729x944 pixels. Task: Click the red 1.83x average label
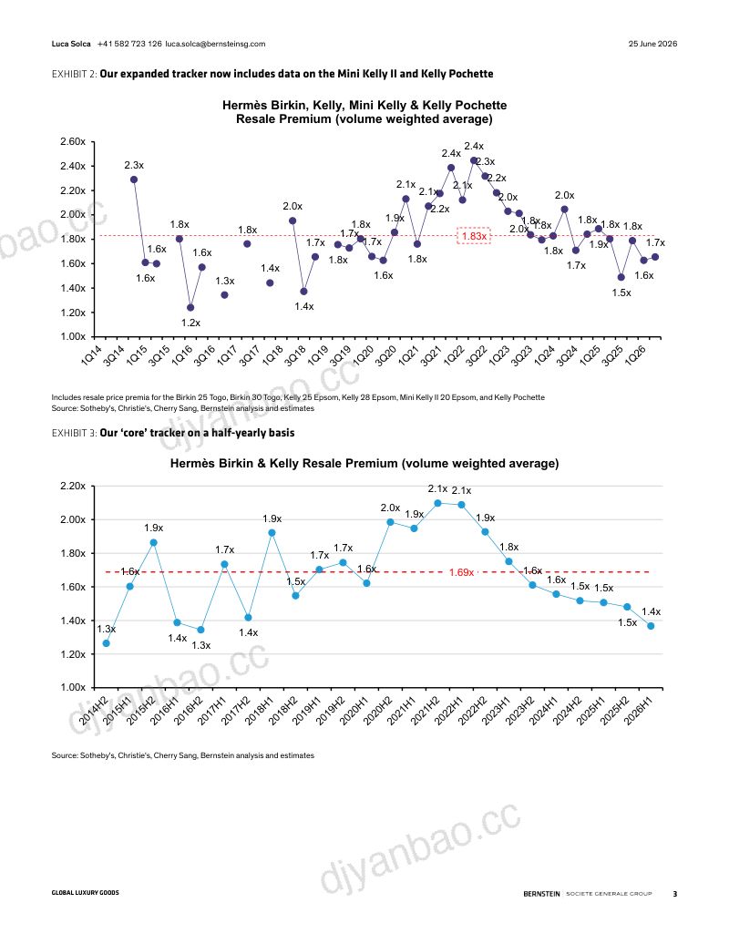tap(475, 236)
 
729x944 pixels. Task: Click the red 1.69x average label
tap(462, 572)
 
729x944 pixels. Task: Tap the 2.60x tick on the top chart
tap(73, 141)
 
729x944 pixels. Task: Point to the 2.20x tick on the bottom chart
tap(73, 486)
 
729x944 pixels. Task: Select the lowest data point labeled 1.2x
tap(190, 308)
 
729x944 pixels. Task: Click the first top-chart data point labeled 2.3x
tap(134, 180)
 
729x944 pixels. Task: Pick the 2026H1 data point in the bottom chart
tap(651, 626)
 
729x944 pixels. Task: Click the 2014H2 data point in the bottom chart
tap(107, 643)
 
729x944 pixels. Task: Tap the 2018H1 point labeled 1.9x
tap(272, 533)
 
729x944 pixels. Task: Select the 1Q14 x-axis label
tap(91, 355)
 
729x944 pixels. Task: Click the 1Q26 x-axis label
tap(636, 355)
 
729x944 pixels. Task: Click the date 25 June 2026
tap(652, 44)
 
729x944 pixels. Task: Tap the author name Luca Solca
tap(71, 44)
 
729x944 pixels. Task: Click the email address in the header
tap(215, 44)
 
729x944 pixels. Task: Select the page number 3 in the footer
tap(675, 894)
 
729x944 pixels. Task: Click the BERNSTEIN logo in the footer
tap(542, 894)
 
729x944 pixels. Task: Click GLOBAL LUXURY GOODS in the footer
tap(86, 893)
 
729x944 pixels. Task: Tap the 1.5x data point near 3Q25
tap(621, 278)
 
